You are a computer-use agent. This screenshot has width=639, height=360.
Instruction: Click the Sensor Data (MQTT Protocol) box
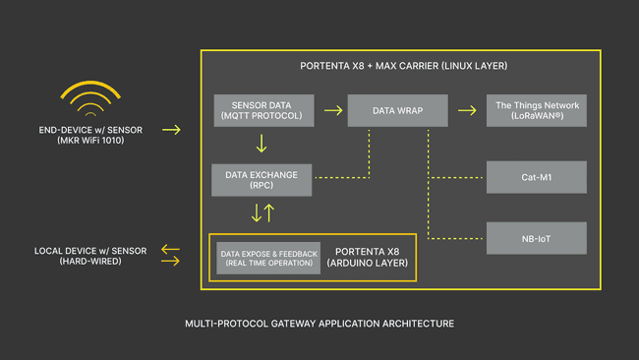pyautogui.click(x=264, y=110)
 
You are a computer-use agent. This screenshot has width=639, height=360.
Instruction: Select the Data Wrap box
pyautogui.click(x=396, y=110)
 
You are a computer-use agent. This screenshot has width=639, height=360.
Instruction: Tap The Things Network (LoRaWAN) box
pyautogui.click(x=537, y=110)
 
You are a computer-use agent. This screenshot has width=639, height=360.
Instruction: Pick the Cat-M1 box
pyautogui.click(x=537, y=177)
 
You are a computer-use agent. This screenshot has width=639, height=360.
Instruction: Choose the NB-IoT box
pyautogui.click(x=537, y=238)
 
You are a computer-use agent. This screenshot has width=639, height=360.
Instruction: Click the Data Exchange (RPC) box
pyautogui.click(x=261, y=179)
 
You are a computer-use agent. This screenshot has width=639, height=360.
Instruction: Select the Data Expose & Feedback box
pyautogui.click(x=269, y=258)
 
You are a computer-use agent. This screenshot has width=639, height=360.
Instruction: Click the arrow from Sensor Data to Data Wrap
pyautogui.click(x=332, y=110)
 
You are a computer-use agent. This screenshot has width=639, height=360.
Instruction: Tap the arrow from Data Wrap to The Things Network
pyautogui.click(x=466, y=110)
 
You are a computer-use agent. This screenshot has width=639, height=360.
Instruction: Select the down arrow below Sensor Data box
pyautogui.click(x=261, y=144)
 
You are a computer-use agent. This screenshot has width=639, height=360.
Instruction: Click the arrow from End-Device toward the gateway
pyautogui.click(x=171, y=130)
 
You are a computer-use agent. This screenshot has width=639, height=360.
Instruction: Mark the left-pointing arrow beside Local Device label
pyautogui.click(x=171, y=250)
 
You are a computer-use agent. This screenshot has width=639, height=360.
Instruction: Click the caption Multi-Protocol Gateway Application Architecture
pyautogui.click(x=319, y=323)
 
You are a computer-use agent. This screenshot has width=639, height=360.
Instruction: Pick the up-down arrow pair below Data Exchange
pyautogui.click(x=261, y=212)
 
